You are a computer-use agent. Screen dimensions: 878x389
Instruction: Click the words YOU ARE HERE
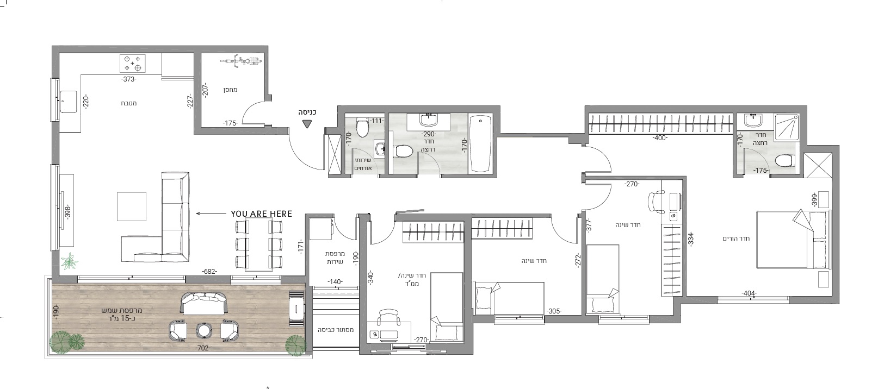[x=262, y=214]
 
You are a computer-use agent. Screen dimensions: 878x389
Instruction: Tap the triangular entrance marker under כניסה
[x=307, y=124]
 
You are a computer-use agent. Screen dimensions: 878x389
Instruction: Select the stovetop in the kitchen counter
[x=132, y=64]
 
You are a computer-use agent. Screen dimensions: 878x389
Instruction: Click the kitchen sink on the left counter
[x=68, y=102]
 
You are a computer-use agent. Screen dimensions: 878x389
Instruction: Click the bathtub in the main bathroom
[x=480, y=143]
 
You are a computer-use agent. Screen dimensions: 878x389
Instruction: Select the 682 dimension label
[x=209, y=272]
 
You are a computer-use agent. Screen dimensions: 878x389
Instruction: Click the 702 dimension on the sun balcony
[x=203, y=348]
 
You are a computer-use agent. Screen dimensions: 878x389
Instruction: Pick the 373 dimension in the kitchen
[x=129, y=79]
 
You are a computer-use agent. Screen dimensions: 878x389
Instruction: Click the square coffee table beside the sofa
[x=131, y=206]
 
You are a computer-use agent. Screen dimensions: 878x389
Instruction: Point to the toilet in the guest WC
[x=362, y=128]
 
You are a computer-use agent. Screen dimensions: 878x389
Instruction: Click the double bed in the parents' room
[x=793, y=240]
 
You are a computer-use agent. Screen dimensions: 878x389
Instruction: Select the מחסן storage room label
[x=231, y=90]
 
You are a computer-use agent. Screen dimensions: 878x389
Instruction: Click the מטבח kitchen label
[x=129, y=103]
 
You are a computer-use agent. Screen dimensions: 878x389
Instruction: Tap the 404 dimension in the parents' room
[x=749, y=293]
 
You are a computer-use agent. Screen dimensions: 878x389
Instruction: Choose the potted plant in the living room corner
[x=70, y=261]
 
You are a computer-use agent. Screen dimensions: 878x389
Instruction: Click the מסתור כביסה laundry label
[x=336, y=330]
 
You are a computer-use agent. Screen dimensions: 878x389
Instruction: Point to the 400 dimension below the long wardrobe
[x=660, y=138]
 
